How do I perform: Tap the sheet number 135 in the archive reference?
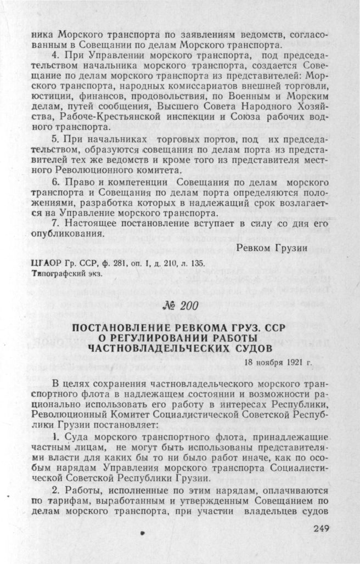(198, 263)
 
